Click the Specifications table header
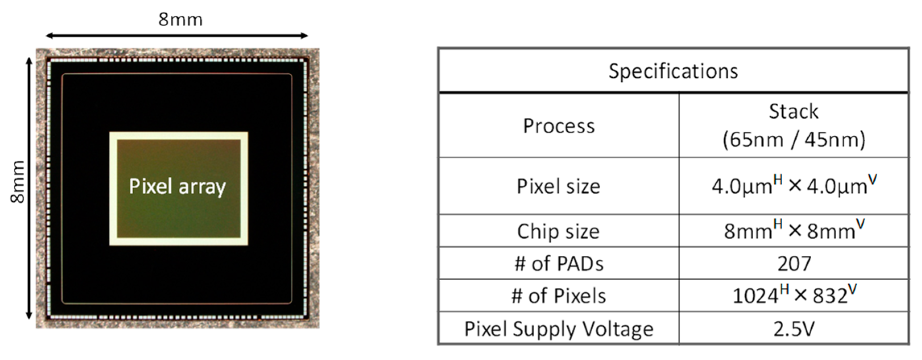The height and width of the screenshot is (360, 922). (x=673, y=71)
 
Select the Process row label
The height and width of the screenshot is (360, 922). (x=558, y=126)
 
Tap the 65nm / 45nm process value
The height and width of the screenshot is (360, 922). (x=794, y=140)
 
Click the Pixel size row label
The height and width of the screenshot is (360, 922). (x=558, y=186)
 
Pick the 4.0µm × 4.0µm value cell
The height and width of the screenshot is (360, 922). (x=794, y=186)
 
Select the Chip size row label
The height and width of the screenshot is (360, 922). (x=558, y=232)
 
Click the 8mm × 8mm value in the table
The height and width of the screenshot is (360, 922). (x=794, y=231)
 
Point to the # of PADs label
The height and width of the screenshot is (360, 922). (x=558, y=264)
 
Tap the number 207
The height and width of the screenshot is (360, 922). (x=794, y=264)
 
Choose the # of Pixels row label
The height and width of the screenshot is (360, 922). (x=558, y=296)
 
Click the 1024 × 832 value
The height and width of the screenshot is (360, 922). (x=794, y=295)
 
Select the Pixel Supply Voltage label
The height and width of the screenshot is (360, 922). (x=558, y=329)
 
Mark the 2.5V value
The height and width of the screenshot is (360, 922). (x=794, y=329)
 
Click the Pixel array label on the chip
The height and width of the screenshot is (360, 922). (x=177, y=186)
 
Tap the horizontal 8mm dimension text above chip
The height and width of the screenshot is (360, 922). (x=180, y=19)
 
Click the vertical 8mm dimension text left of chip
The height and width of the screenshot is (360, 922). (x=18, y=182)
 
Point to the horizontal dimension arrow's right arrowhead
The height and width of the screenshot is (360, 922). (x=305, y=36)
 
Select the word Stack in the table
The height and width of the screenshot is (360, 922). (x=794, y=112)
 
